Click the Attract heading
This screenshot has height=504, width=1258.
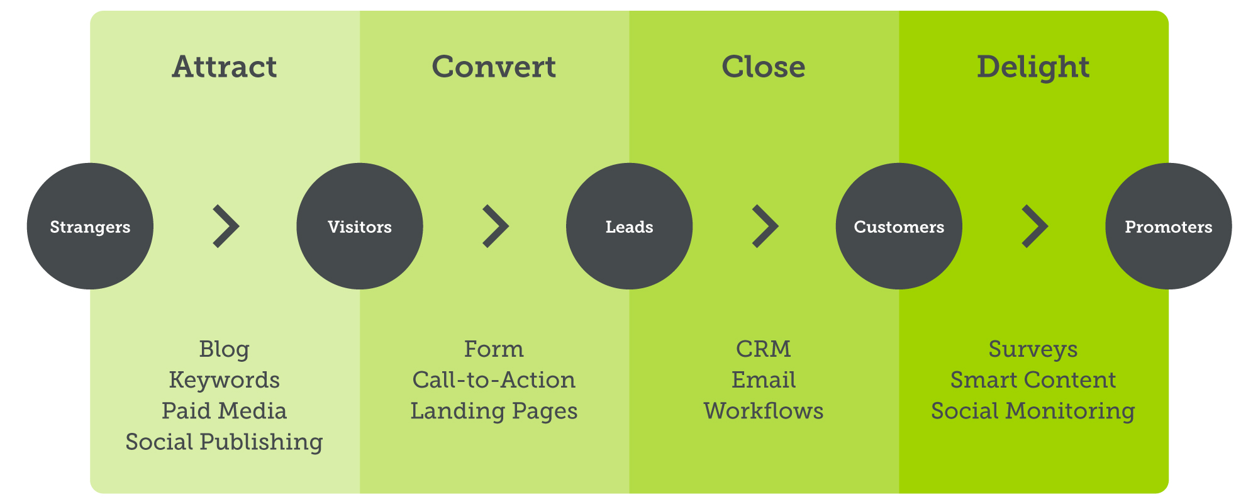(225, 67)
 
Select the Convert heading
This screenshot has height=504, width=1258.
(494, 67)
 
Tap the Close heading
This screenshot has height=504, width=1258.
(764, 67)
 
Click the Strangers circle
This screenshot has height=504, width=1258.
(90, 227)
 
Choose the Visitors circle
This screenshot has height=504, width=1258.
(360, 227)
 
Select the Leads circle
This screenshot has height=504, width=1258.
(629, 227)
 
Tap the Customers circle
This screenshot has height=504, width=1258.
(899, 227)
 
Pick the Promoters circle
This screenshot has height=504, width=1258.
(1169, 227)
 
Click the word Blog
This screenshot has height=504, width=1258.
(225, 350)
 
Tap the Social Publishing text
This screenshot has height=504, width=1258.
(225, 442)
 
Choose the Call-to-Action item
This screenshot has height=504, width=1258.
(494, 380)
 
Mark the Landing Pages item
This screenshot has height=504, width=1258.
(494, 412)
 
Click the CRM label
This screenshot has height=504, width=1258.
(764, 349)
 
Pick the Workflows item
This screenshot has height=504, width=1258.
(764, 411)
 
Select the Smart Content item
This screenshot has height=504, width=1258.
(1033, 380)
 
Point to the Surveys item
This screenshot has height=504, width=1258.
(1033, 350)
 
